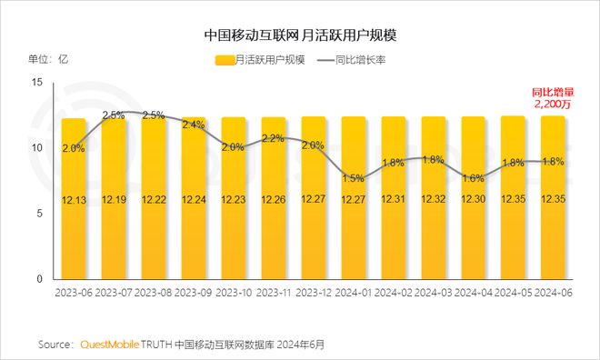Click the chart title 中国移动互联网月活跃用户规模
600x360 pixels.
tap(299, 35)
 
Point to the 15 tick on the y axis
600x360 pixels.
tap(37, 82)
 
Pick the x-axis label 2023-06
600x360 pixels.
tap(74, 292)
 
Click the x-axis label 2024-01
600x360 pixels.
tap(354, 292)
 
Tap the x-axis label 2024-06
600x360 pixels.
tap(554, 292)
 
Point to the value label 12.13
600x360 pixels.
tap(74, 199)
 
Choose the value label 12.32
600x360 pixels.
tap(434, 199)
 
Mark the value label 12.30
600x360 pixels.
tap(474, 199)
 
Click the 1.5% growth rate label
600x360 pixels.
tap(354, 178)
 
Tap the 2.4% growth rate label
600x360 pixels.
tap(194, 125)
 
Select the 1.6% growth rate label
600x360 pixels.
tap(474, 178)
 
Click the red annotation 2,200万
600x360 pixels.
tap(552, 105)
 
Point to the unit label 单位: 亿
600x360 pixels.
tap(48, 60)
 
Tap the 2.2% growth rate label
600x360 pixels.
tap(274, 138)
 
